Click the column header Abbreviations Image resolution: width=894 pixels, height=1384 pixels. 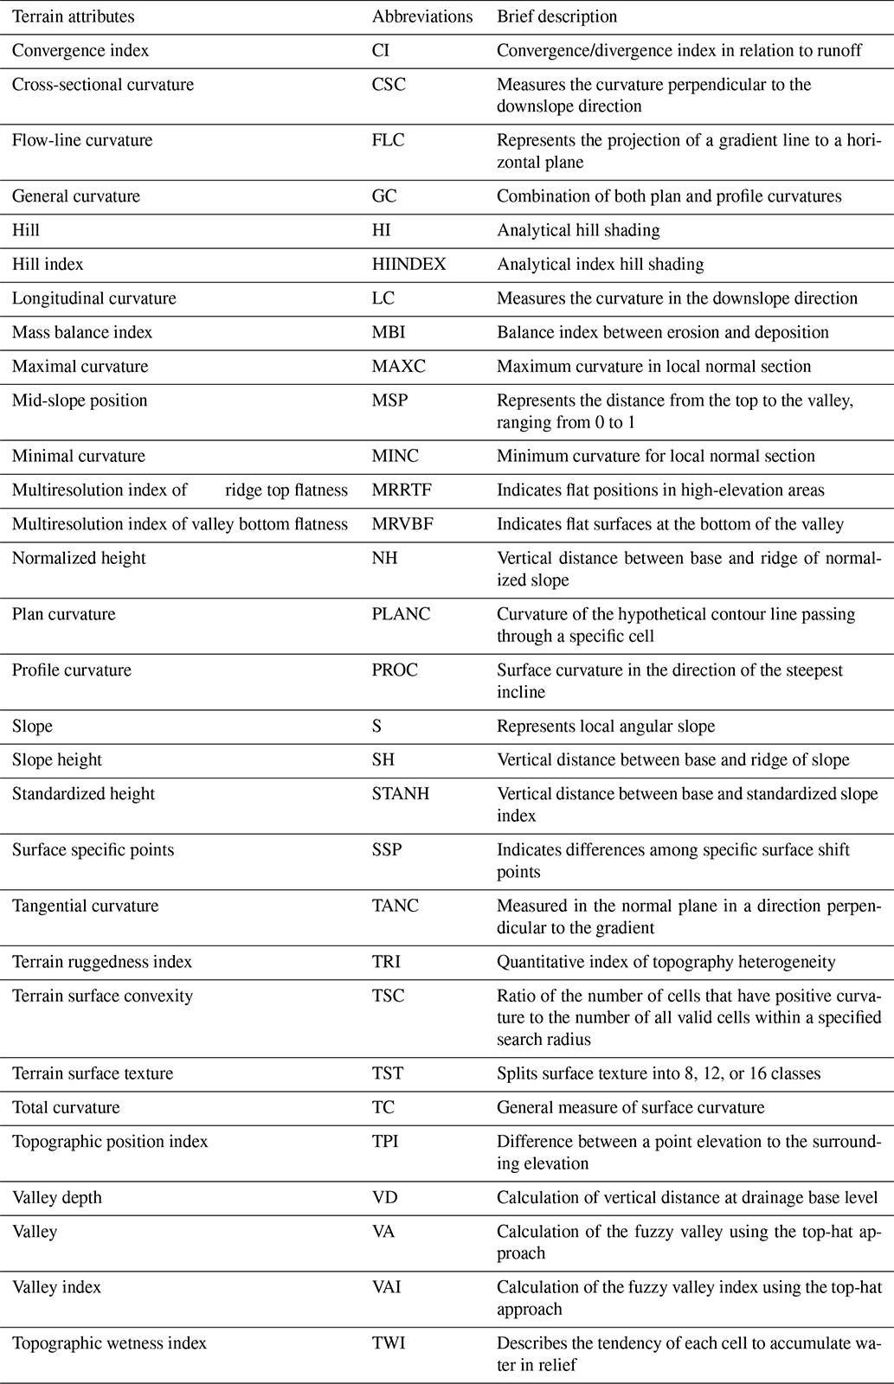tap(422, 16)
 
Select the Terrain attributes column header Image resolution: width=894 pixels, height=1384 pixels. tap(73, 16)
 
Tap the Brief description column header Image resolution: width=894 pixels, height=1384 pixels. tap(556, 16)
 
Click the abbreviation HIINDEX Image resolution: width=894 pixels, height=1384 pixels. tap(408, 264)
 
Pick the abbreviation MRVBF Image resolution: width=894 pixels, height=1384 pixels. tap(402, 523)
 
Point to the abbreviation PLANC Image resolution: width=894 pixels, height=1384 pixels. tap(401, 614)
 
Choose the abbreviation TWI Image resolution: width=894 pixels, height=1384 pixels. tap(389, 1343)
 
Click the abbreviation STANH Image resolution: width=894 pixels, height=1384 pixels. tap(401, 793)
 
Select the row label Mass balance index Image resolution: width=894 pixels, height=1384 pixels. tap(82, 332)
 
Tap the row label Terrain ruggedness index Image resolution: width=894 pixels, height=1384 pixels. tap(102, 961)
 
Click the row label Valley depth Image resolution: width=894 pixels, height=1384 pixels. tap(57, 1197)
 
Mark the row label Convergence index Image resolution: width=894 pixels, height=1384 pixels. tap(80, 50)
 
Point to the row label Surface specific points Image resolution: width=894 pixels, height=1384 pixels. tap(93, 849)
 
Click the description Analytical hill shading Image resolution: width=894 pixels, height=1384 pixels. tap(578, 230)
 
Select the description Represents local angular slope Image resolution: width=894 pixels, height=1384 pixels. tap(606, 726)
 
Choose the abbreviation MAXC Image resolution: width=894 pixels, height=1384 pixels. tap(399, 366)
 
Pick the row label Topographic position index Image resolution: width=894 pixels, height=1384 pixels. tap(110, 1141)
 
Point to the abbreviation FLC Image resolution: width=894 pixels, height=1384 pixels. tap(388, 140)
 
